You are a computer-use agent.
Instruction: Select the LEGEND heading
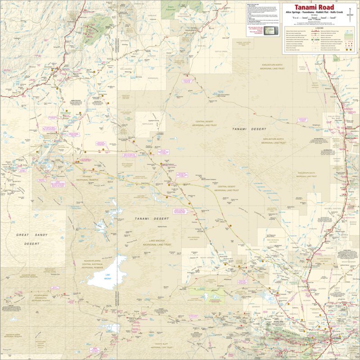(319, 28)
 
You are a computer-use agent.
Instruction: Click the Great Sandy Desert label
(31, 239)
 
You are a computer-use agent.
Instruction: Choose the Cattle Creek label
(222, 52)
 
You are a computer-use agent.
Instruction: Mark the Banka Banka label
(350, 89)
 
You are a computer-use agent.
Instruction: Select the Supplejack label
(148, 123)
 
